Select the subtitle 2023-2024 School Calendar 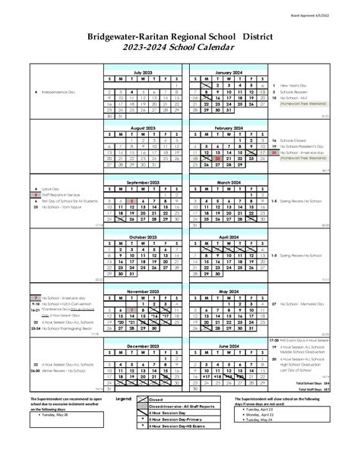click(180, 48)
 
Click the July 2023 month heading click(143, 71)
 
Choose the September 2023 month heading click(143, 183)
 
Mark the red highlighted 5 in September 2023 click(132, 201)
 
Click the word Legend click(123, 397)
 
